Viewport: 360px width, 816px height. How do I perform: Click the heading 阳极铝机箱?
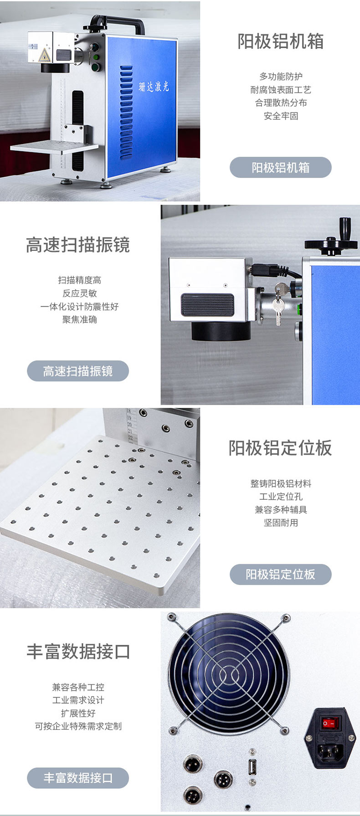tap(280, 41)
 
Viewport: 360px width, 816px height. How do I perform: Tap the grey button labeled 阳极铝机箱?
tap(280, 167)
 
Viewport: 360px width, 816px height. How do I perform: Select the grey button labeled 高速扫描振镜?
tap(78, 371)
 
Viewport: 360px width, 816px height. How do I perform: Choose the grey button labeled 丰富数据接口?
tap(78, 778)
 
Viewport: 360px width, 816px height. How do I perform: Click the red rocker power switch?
tap(329, 723)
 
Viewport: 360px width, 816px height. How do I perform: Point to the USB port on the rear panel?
tap(252, 767)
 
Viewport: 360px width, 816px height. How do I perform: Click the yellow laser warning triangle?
tap(43, 56)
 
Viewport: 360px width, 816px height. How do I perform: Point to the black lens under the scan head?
tap(221, 329)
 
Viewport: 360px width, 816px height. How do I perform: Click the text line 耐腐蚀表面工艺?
tap(281, 90)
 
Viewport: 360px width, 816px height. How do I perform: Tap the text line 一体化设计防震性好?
tap(79, 307)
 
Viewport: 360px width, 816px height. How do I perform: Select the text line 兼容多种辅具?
tap(281, 510)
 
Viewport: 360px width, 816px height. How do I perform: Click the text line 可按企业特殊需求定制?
tap(78, 726)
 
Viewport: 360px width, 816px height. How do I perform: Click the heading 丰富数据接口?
tap(78, 652)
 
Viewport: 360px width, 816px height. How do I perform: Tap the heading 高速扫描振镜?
tap(78, 245)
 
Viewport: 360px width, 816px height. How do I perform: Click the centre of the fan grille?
tap(228, 673)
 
